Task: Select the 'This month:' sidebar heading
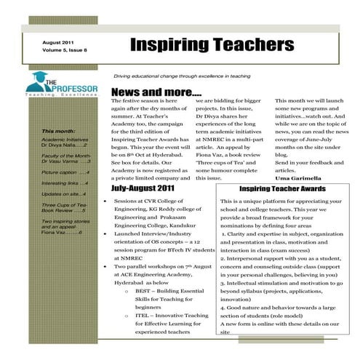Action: (56, 132)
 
